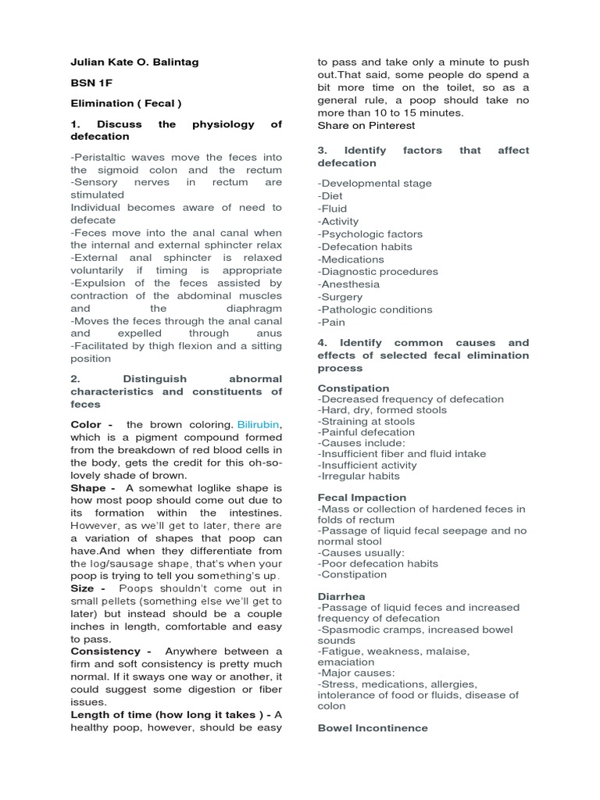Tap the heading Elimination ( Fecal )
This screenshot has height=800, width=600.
tap(126, 103)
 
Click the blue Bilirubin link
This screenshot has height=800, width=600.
tap(257, 424)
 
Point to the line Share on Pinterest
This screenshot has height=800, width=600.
tap(366, 125)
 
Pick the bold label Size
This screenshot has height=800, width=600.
tap(86, 588)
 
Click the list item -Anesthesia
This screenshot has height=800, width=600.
tap(348, 284)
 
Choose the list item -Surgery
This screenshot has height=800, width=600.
tap(340, 297)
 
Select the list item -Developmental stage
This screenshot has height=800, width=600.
tap(374, 184)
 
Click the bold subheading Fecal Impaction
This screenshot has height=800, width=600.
tap(362, 498)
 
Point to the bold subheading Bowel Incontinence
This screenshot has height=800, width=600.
tap(373, 728)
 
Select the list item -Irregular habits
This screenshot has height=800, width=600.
tap(359, 476)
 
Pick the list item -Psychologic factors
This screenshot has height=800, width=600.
tap(370, 234)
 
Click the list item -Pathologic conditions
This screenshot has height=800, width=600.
tap(375, 309)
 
